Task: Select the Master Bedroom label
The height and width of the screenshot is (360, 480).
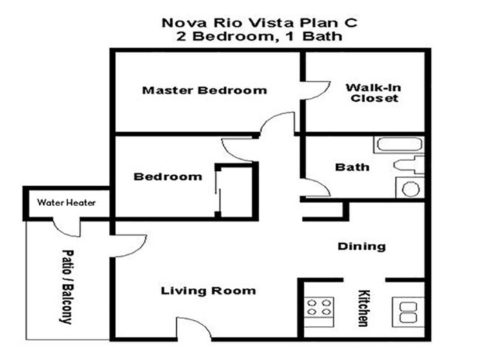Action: pos(205,91)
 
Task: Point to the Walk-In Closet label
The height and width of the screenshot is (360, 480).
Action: pos(374,92)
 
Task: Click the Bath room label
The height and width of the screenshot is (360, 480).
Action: pos(352,167)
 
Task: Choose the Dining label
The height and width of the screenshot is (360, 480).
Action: pos(362,246)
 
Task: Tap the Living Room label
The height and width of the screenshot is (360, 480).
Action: pos(208,291)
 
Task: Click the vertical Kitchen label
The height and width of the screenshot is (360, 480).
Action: pos(363,307)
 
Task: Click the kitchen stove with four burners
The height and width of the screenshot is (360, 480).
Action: pos(319,308)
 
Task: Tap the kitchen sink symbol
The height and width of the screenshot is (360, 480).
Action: pos(408,309)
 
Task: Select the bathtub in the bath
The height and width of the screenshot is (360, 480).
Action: pos(398,144)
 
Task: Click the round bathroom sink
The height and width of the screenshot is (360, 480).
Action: pos(411,190)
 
